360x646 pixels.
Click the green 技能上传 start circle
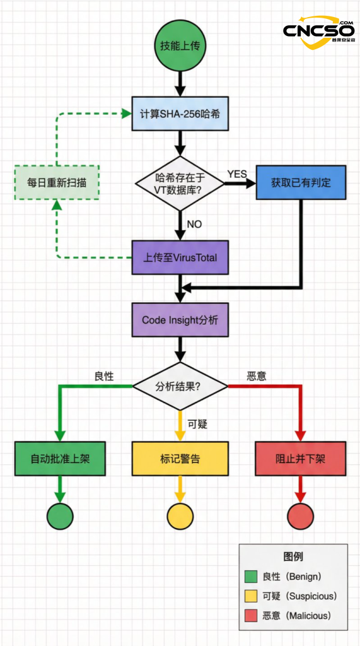180,46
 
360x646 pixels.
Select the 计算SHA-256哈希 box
180,114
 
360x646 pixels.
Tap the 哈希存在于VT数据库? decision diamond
180,183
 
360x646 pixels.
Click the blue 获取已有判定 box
301,183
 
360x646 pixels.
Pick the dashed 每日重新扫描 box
57,183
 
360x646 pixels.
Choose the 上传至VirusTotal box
180,257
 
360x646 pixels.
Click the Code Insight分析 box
180,320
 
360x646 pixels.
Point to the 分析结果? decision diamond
180,386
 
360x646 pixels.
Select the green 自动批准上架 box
60,459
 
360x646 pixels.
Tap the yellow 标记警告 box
180,459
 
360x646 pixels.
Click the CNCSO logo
318,32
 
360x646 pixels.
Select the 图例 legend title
293,556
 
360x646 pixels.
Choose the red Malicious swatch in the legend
251,615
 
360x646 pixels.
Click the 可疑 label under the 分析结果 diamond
198,424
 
